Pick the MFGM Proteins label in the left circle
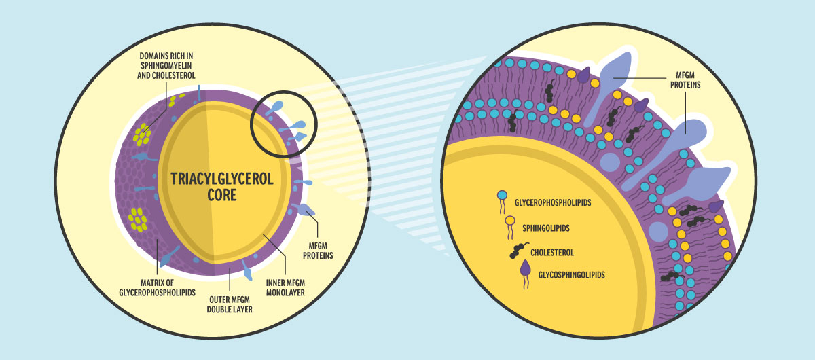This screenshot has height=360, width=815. [x=317, y=251]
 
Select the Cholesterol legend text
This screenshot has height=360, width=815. [x=552, y=252]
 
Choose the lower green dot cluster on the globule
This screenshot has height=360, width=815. [x=139, y=219]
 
